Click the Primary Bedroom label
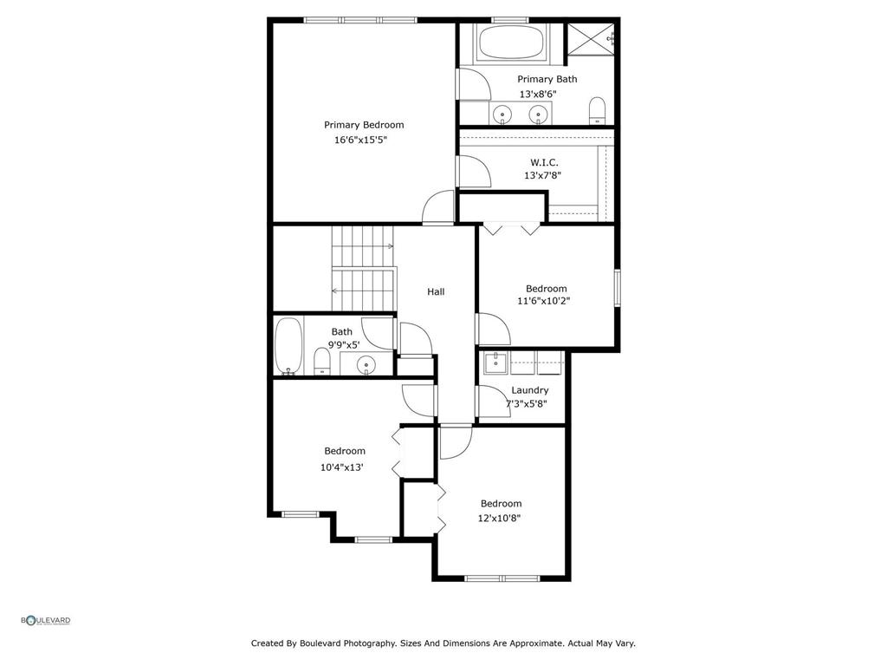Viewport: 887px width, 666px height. (364, 125)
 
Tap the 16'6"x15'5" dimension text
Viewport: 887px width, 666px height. (360, 140)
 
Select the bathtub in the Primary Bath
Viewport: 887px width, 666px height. (511, 42)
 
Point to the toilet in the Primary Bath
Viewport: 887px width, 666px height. (597, 111)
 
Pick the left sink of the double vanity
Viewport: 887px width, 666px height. (502, 114)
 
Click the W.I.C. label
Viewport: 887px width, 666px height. (544, 162)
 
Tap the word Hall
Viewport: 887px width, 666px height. (436, 291)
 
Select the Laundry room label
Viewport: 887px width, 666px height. (529, 390)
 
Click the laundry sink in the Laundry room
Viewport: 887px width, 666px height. (495, 362)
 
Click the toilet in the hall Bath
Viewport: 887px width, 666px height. (321, 362)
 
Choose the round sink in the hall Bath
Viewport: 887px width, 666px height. (367, 364)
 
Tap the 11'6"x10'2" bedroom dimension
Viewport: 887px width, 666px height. (543, 302)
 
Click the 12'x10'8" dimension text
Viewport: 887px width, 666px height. (499, 518)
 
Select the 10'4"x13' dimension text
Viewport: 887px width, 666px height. (341, 467)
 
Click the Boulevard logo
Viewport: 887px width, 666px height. (46, 620)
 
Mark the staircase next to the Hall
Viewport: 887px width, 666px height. (362, 269)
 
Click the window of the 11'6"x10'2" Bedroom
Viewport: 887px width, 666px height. (618, 288)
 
